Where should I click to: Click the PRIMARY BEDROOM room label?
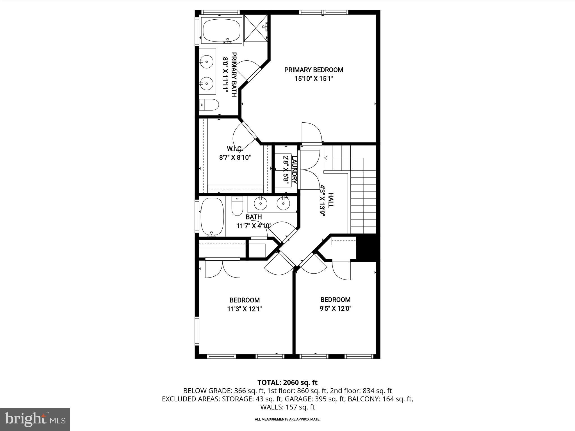point(314,70)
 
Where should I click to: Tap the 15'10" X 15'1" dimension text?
point(314,79)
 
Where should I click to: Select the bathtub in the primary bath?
point(222,31)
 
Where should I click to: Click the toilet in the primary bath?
point(209,105)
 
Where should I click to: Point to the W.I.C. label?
point(234,149)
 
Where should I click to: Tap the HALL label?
point(331,200)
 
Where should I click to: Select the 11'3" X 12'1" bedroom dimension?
point(245,309)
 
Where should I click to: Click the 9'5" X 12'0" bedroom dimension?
point(336,309)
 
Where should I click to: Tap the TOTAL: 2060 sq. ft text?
point(287,382)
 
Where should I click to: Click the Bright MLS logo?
point(35,419)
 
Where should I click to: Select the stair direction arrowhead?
point(326,158)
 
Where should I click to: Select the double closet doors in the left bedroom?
point(223,269)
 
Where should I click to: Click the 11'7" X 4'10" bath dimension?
point(254,226)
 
